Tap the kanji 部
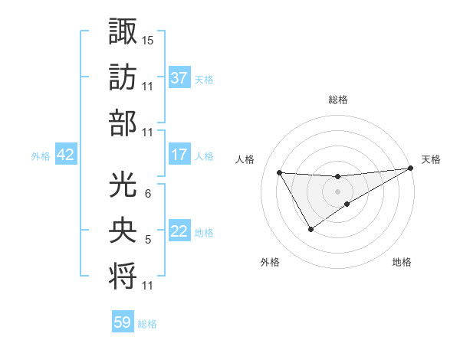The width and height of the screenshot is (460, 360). coord(122,123)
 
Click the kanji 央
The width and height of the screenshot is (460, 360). coord(122,230)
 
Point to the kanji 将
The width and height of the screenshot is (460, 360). coord(122,277)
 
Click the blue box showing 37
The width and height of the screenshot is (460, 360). coord(179,77)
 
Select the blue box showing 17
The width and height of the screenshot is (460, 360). coord(179,155)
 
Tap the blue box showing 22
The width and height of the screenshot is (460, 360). coord(179,232)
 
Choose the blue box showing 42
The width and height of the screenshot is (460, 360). coord(66,155)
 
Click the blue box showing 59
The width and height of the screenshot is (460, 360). coord(123,322)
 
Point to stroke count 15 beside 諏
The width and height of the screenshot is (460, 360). coord(149,39)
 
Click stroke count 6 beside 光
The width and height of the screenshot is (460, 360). coord(148,194)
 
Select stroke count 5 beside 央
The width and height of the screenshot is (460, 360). coord(148,240)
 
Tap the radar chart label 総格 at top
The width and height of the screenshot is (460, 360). coord(338,100)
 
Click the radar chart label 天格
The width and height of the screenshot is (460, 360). coord(432,159)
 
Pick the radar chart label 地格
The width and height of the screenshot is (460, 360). coord(402,262)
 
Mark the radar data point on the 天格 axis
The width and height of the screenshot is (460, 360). coord(410,169)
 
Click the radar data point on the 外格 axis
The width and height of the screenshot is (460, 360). coord(310,229)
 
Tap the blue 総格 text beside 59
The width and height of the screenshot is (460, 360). coord(147,324)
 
